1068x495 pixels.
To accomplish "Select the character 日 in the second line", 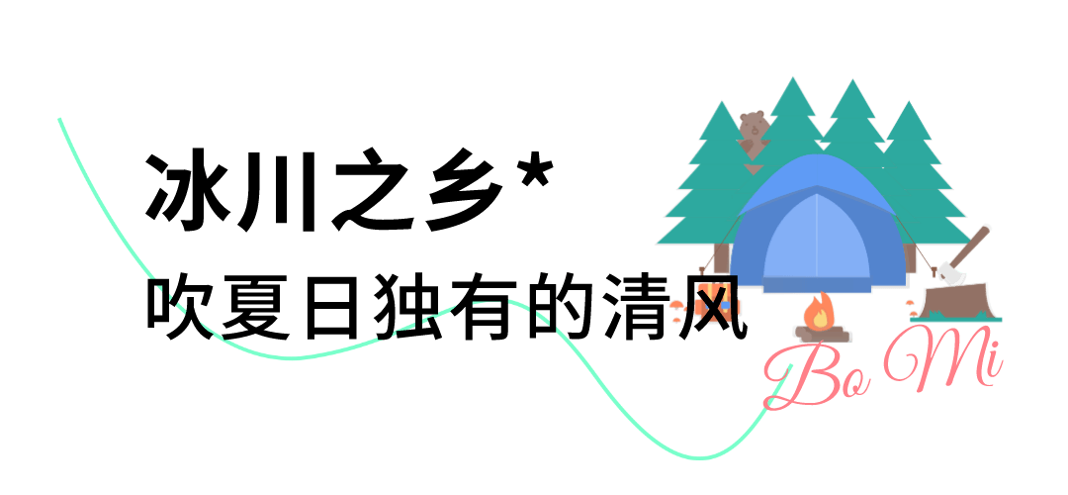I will tap(330, 309).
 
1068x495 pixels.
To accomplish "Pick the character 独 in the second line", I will tap(406, 309).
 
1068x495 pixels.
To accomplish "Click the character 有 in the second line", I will tap(484, 309).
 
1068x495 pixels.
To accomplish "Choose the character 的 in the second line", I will tap(559, 309).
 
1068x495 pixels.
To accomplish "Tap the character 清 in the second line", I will tap(635, 309).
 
